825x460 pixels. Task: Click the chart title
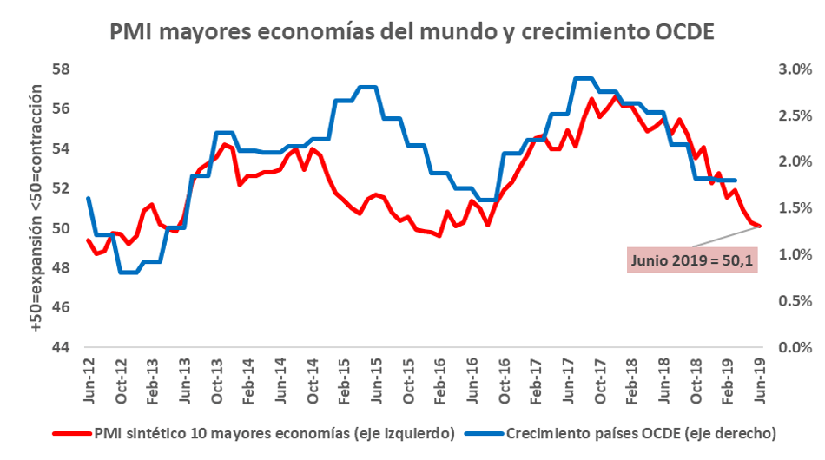(x=412, y=32)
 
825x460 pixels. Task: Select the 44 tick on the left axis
(x=60, y=348)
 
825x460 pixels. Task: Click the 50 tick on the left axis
(x=60, y=228)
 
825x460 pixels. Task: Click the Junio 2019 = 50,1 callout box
(x=692, y=259)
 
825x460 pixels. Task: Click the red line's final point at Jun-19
(x=760, y=226)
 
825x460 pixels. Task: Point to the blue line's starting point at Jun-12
(x=88, y=199)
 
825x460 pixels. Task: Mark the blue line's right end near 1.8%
(x=736, y=180)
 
